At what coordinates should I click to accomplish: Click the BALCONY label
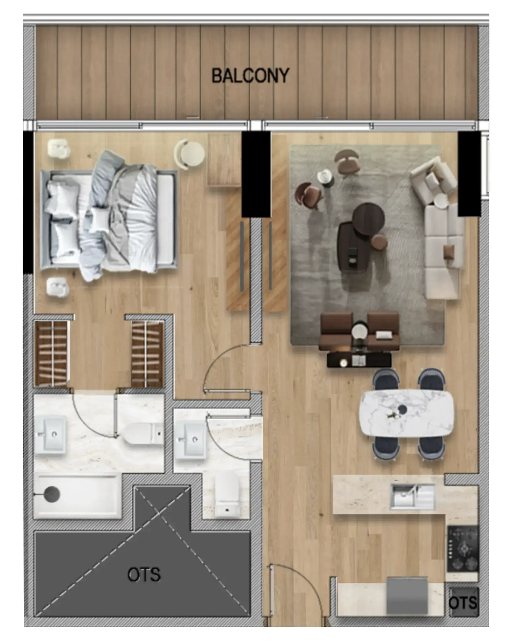pyautogui.click(x=250, y=76)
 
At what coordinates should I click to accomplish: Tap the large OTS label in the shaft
pyautogui.click(x=144, y=575)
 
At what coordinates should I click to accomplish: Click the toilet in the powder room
pyautogui.click(x=227, y=494)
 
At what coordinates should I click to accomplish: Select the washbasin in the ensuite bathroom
pyautogui.click(x=50, y=434)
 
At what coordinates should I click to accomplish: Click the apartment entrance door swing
pyautogui.click(x=296, y=589)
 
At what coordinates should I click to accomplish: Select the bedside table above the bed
pyautogui.click(x=59, y=147)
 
